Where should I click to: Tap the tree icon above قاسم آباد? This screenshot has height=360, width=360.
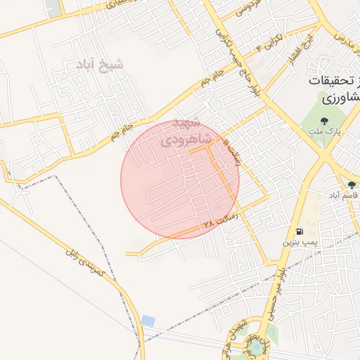pyautogui.click(x=352, y=184)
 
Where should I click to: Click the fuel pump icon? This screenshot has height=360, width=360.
pyautogui.click(x=300, y=231)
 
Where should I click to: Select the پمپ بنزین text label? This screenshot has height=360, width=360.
pyautogui.click(x=297, y=242)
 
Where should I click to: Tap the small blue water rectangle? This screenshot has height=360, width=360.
pyautogui.click(x=148, y=321)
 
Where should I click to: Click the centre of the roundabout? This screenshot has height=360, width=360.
pyautogui.click(x=257, y=346)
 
